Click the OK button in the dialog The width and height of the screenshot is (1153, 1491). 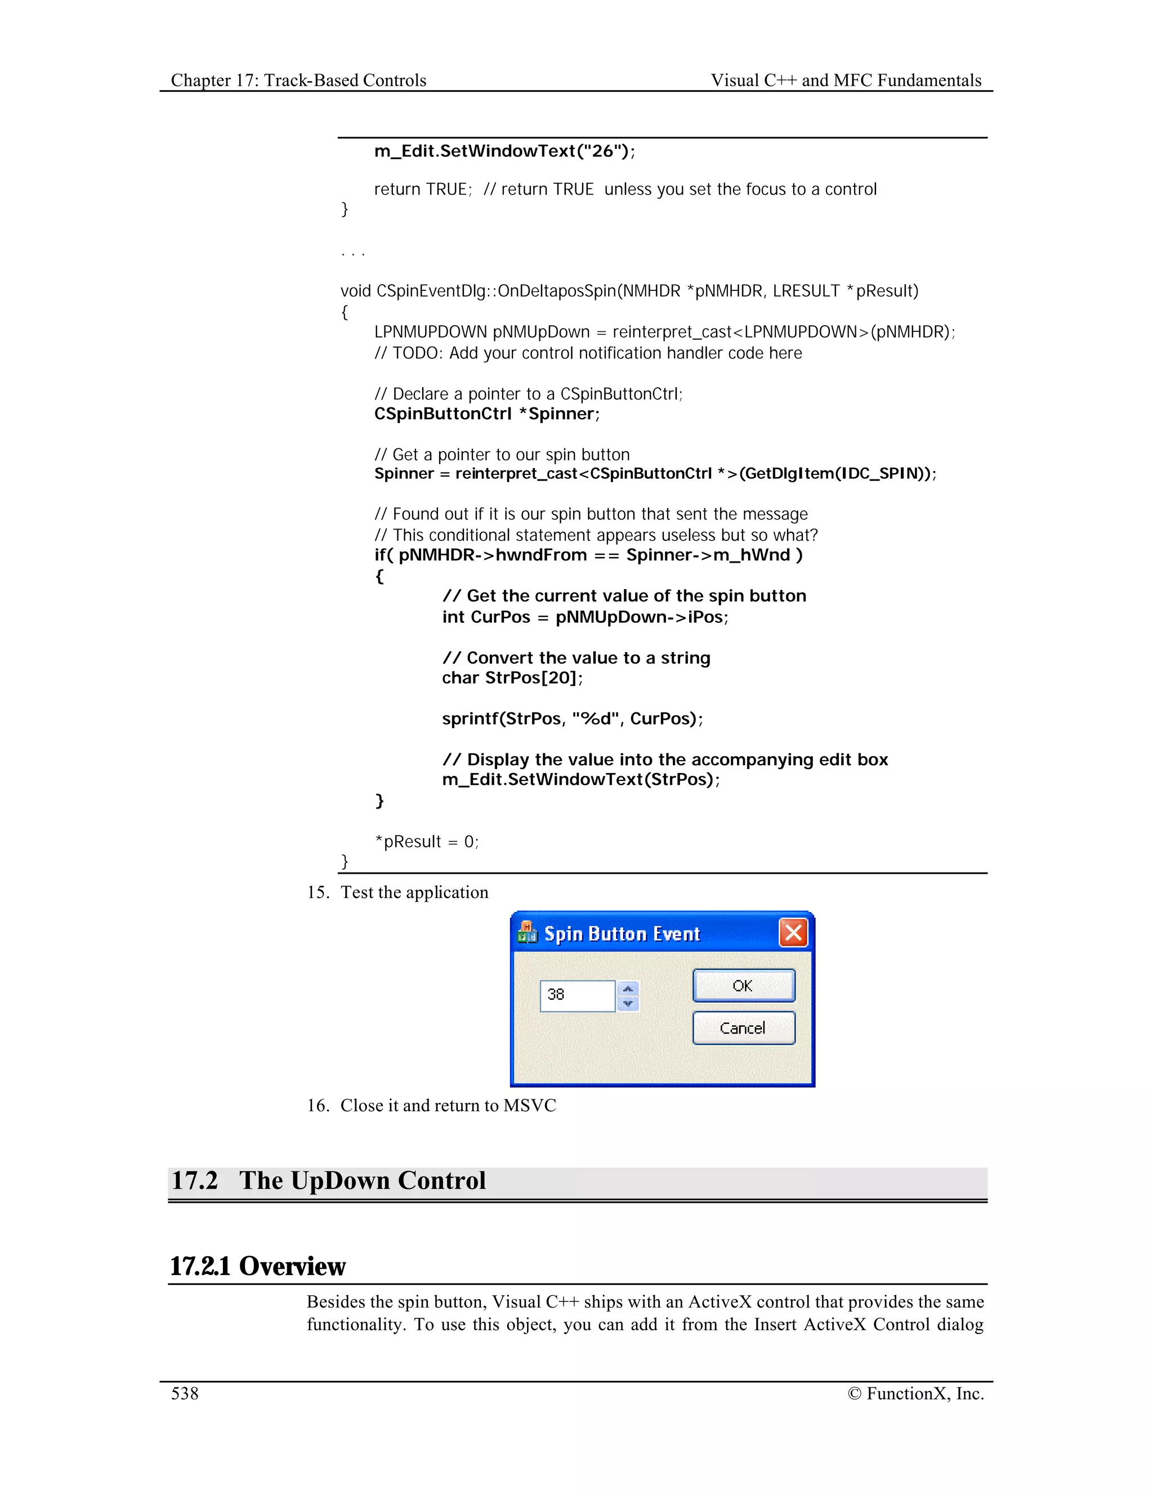point(743,985)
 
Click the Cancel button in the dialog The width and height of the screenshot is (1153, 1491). point(743,1027)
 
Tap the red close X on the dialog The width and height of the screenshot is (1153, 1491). point(793,932)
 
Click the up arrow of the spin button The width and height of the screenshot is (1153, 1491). point(628,989)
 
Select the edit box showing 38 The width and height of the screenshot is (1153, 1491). point(577,995)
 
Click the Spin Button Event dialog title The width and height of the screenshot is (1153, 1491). point(622,934)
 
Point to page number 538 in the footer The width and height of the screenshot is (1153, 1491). point(185,1393)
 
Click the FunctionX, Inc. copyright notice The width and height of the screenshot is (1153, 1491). point(915,1393)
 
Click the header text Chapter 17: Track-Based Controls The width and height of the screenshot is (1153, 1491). point(298,80)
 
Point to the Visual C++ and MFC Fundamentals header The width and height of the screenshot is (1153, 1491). point(846,80)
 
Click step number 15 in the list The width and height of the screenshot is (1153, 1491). point(318,892)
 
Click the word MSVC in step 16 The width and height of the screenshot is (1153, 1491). point(529,1105)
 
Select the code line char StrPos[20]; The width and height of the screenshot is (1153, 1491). point(512,678)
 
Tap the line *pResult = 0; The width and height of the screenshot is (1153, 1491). point(426,842)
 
